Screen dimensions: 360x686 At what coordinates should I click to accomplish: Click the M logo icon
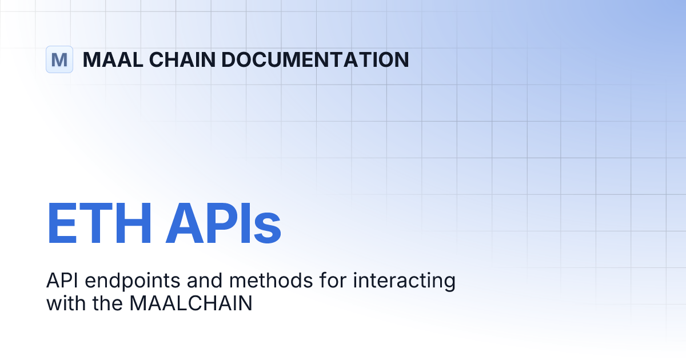[x=59, y=59]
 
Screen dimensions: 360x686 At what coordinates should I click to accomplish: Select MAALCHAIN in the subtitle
[x=191, y=303]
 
